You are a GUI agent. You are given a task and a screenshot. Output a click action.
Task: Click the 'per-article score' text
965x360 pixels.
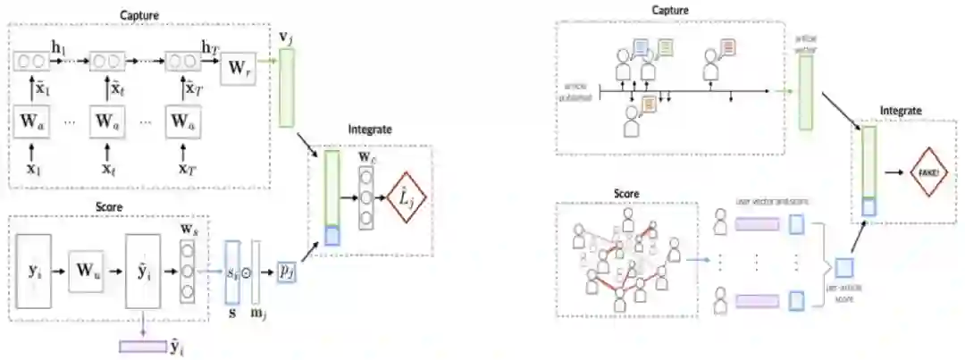tap(840, 293)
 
